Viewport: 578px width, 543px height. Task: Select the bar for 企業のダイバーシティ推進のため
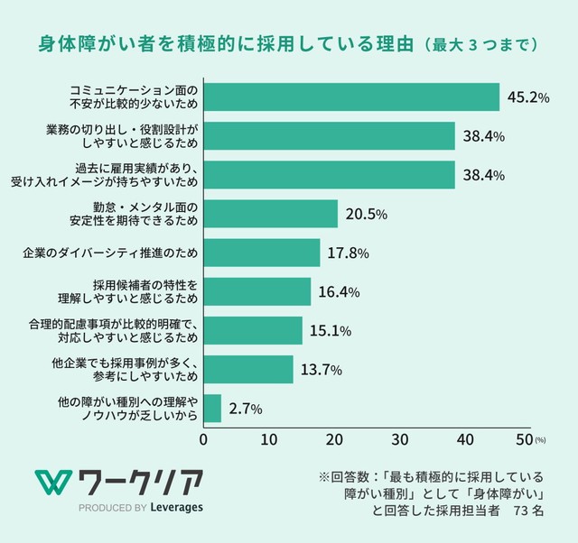click(x=262, y=253)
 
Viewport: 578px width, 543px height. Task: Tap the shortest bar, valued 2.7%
click(x=212, y=409)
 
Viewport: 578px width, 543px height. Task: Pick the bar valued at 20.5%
click(x=270, y=214)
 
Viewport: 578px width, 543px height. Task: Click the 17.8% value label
click(x=348, y=253)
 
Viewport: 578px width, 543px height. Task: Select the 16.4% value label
click(x=339, y=291)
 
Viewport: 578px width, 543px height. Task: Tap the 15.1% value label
click(x=330, y=330)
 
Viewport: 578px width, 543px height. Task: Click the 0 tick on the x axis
click(x=204, y=439)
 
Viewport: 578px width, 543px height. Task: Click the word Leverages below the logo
click(x=177, y=507)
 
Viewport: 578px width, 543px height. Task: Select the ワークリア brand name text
click(x=142, y=481)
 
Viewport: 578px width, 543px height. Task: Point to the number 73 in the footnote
click(x=520, y=511)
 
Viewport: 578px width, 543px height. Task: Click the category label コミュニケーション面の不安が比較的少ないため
click(x=134, y=97)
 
